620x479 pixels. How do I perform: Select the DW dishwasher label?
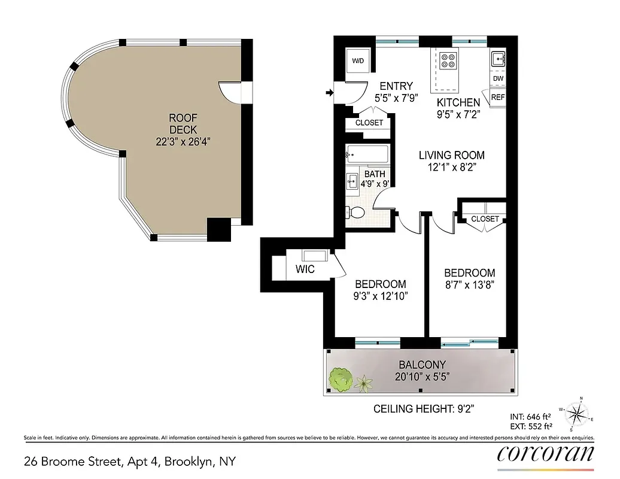point(498,79)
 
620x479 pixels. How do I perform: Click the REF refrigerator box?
point(498,97)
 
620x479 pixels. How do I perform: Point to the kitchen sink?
point(498,59)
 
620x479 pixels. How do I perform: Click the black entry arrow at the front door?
point(329,93)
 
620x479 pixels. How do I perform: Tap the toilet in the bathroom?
point(355,211)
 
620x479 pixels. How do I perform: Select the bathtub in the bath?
point(367,154)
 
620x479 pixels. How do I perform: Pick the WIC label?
point(305,269)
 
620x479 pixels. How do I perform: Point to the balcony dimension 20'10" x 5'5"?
point(423,377)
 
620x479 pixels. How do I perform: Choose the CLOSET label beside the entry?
point(369,123)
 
